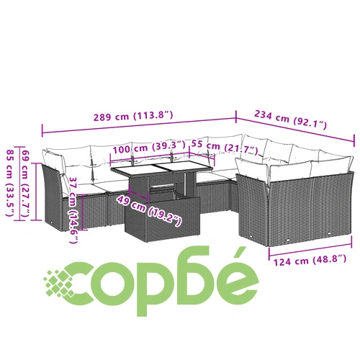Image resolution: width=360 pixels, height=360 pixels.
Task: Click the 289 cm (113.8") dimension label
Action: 133,116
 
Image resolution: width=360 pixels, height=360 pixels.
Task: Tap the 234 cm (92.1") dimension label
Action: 290,120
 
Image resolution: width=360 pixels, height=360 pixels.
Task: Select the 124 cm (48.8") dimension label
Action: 310,260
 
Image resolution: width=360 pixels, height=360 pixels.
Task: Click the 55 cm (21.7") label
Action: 225,148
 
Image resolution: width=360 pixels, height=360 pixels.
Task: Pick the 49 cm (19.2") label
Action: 149,211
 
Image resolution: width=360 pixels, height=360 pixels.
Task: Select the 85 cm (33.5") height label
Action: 10,183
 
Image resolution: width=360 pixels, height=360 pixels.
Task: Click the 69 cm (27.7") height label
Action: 26,184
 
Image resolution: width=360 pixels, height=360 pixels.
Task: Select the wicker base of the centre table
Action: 162,219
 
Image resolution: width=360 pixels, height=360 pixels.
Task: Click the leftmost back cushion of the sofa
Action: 54,161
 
